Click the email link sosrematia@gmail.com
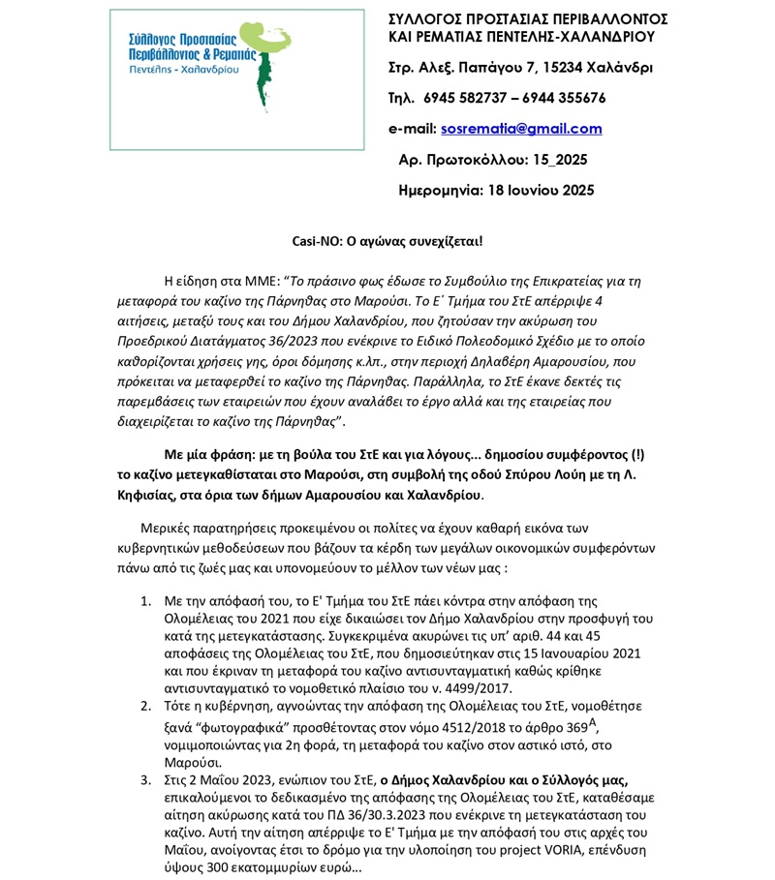pyautogui.click(x=521, y=129)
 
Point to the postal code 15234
pyautogui.click(x=565, y=69)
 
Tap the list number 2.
pyautogui.click(x=145, y=709)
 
